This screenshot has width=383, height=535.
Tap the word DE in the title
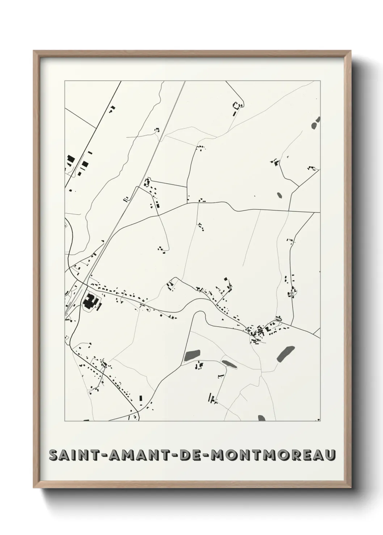(x=185, y=455)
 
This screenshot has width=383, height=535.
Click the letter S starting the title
(x=54, y=455)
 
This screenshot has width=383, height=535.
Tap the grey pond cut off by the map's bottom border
(x=261, y=418)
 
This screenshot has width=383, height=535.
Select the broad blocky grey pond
(x=192, y=355)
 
